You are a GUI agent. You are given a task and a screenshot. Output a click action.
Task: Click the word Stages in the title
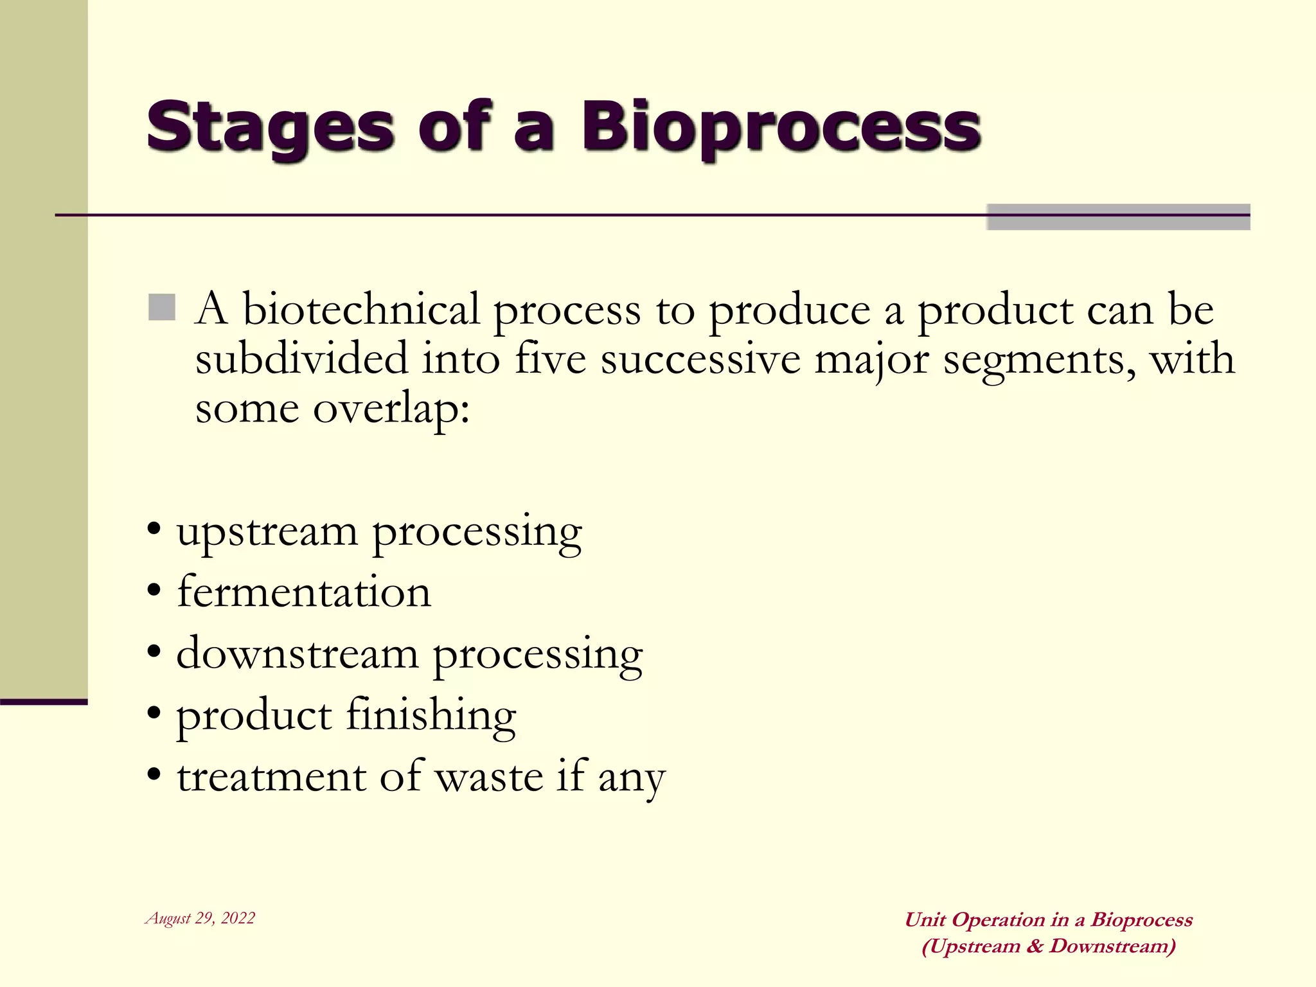coord(270,127)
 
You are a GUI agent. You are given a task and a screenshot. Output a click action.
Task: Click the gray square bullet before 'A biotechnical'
coord(162,308)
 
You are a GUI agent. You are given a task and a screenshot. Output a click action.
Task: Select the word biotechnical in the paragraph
coord(360,309)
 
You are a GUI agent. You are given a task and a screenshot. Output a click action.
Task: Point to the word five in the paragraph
coord(550,359)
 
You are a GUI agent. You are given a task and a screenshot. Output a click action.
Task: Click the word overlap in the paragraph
coord(391,409)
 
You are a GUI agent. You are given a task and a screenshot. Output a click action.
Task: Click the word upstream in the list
coord(267,532)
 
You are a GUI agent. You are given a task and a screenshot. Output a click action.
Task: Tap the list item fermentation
coord(304,592)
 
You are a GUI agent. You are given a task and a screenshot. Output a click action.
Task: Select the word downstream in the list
coord(297,654)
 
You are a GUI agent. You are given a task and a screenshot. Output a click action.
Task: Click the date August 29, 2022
coord(200,918)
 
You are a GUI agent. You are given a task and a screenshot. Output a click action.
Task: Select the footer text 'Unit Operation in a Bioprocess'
coord(1049,920)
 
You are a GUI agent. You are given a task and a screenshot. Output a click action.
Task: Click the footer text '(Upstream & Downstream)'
coord(1049,946)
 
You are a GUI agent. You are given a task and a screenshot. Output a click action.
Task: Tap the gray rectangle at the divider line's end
coord(1118,217)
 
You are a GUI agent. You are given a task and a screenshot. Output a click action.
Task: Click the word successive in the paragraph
coord(700,359)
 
